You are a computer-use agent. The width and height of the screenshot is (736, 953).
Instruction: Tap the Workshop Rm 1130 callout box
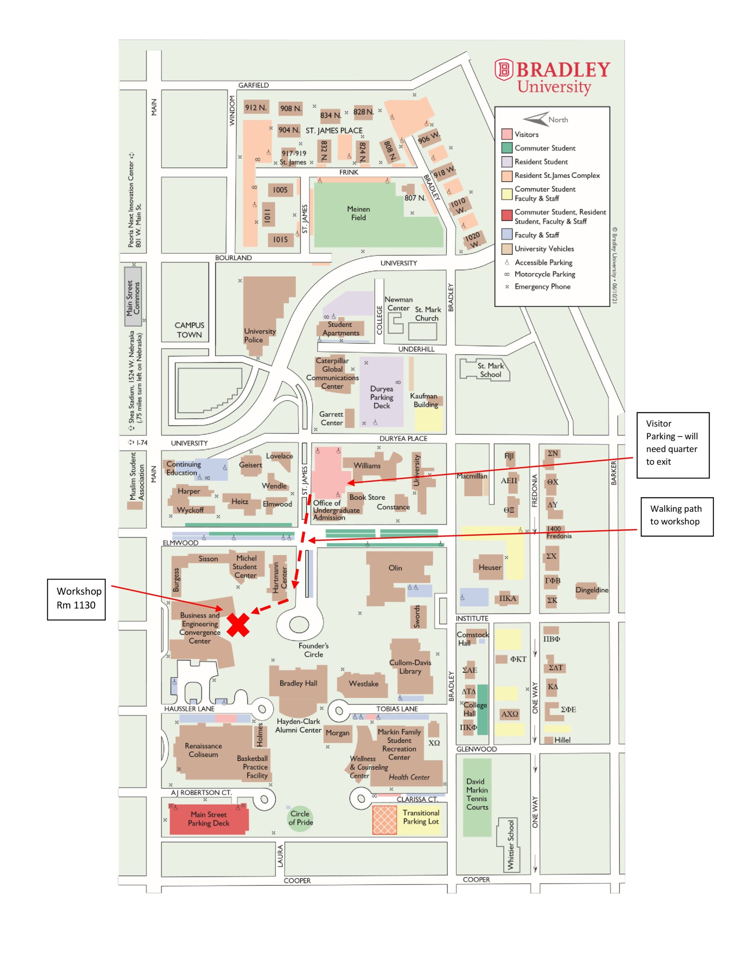[x=76, y=599]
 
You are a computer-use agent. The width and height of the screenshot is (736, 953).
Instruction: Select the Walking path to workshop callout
[x=676, y=516]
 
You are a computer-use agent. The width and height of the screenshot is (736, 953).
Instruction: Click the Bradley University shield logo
[x=504, y=70]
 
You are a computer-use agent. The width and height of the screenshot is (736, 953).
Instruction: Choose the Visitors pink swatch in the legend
[x=506, y=134]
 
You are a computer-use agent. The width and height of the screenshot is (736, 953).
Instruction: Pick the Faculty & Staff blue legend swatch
[x=506, y=234]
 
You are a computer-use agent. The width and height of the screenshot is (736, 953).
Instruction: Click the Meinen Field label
[x=359, y=213]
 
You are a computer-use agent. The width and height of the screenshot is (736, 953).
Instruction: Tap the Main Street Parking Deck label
[x=208, y=819]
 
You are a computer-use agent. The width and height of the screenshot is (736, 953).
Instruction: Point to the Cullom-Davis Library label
[x=410, y=666]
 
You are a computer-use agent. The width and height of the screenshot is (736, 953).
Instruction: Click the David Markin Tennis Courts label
[x=477, y=794]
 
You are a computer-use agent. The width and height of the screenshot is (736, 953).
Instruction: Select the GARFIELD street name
[x=253, y=85]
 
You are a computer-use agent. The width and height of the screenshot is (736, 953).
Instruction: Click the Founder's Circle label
[x=313, y=650]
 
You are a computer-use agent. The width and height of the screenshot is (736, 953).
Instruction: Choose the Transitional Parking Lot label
[x=421, y=817]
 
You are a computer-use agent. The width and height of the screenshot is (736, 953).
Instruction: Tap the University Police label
[x=260, y=335]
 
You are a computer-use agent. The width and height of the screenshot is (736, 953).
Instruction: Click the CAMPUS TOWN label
[x=189, y=330]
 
